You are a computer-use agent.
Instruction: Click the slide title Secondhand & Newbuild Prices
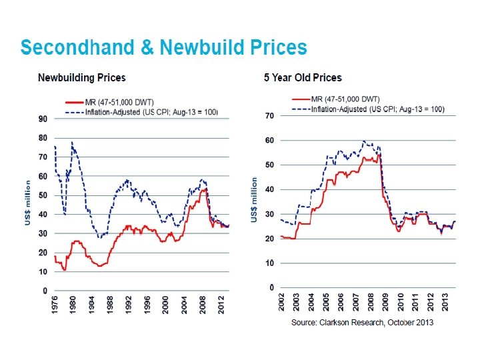[163, 47]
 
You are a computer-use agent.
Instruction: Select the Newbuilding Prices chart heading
[81, 78]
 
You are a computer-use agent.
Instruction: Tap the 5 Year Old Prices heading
[302, 77]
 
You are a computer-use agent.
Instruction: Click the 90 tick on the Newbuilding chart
[42, 119]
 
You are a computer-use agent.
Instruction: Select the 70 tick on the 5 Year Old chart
[270, 115]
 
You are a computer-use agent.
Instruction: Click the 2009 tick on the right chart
[385, 302]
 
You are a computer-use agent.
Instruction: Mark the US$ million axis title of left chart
[28, 202]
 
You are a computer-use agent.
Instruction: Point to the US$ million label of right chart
[254, 199]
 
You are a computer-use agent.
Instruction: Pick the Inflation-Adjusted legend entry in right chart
[377, 109]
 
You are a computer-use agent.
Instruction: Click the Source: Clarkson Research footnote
[363, 323]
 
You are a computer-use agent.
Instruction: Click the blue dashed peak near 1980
[72, 143]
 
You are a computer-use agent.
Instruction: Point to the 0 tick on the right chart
[272, 287]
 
